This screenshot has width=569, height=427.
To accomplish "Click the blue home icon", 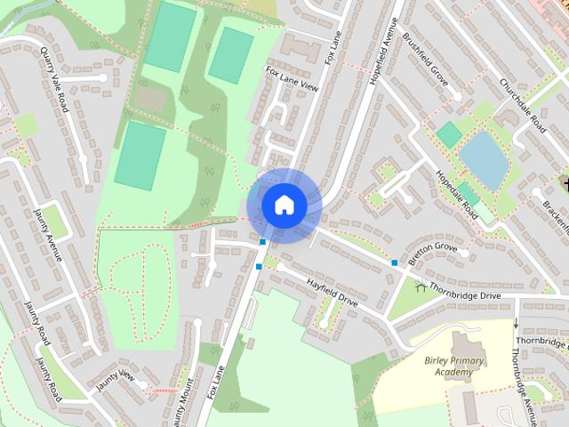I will pos(284,205).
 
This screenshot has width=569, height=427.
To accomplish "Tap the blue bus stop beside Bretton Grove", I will pos(394,262).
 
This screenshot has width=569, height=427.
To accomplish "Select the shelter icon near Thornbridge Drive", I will pos(421,286).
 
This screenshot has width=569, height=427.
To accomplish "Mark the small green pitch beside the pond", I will pos(449,135).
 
